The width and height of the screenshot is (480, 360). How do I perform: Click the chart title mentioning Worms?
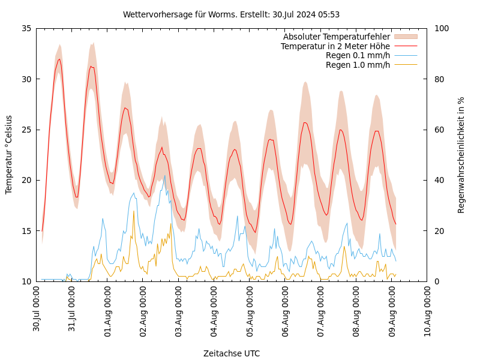click(231, 14)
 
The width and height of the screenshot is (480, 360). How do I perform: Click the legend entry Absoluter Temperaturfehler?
click(336, 37)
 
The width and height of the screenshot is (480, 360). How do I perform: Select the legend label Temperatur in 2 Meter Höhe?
click(335, 46)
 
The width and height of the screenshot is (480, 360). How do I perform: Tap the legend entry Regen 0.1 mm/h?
click(358, 56)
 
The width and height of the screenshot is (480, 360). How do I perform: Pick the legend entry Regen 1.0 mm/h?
click(358, 65)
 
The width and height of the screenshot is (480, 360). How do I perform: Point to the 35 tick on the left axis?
click(26, 28)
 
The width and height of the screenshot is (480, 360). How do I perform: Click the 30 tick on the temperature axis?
click(26, 79)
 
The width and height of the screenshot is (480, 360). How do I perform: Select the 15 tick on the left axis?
click(26, 231)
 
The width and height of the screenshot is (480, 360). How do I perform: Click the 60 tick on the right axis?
click(439, 130)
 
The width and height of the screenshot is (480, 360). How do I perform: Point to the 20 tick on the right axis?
click(439, 231)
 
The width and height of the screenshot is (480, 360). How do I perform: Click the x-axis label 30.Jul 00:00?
click(37, 309)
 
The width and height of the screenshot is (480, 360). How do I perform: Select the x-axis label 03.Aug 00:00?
click(179, 309)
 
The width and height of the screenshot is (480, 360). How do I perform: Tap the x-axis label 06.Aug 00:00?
click(286, 309)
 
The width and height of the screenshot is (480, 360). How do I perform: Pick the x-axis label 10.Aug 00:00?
click(428, 309)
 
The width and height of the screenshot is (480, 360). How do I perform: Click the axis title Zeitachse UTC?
click(232, 353)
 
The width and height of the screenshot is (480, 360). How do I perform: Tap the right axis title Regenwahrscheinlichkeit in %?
click(461, 155)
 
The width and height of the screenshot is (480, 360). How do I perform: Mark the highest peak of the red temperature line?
click(59, 59)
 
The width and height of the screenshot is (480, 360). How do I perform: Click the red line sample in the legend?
click(406, 46)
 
